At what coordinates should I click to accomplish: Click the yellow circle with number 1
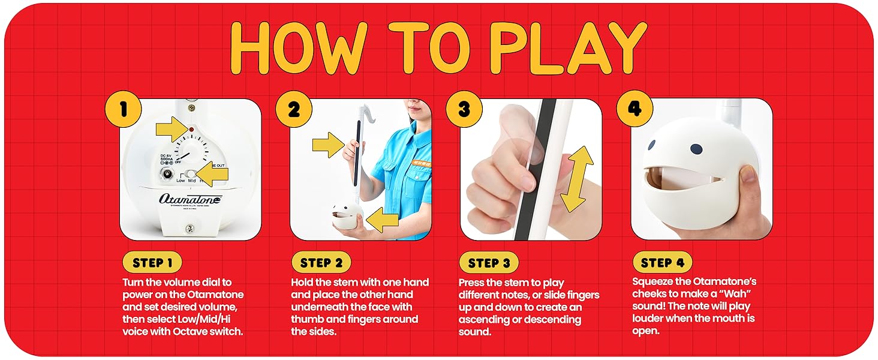pyautogui.click(x=123, y=109)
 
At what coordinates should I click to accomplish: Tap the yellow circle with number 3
pyautogui.click(x=464, y=109)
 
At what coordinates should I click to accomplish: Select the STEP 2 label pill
pyautogui.click(x=321, y=263)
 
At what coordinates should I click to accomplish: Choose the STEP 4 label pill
pyautogui.click(x=662, y=263)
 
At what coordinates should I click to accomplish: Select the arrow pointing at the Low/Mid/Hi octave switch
pyautogui.click(x=213, y=175)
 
